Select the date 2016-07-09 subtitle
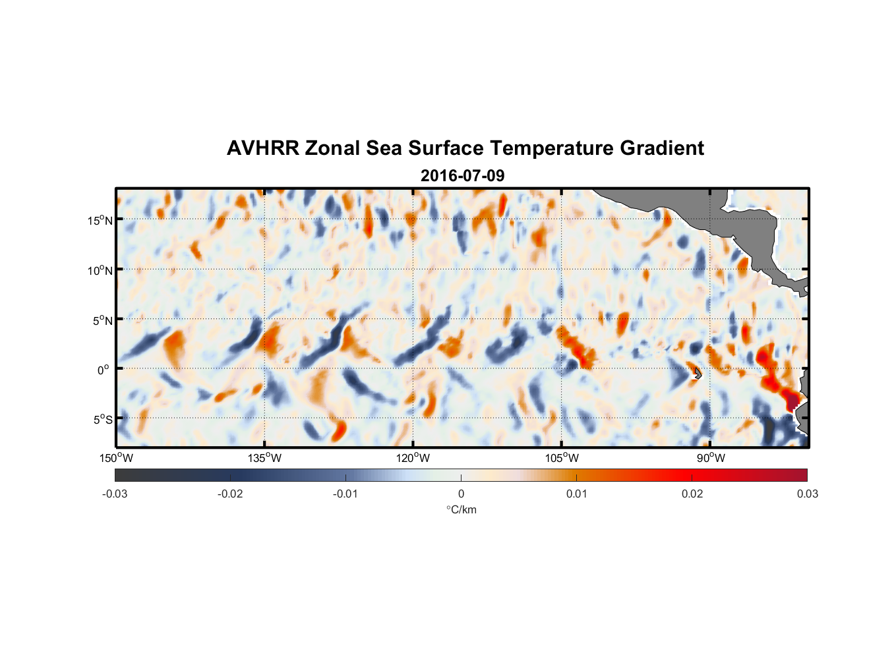click(x=462, y=176)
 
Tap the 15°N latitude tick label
click(x=100, y=220)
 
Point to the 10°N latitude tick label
click(x=100, y=270)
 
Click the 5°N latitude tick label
click(x=102, y=320)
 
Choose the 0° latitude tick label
click(x=104, y=370)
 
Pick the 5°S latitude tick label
click(x=102, y=419)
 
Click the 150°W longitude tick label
click(x=116, y=458)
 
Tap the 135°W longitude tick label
click(x=265, y=458)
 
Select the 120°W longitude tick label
click(x=413, y=458)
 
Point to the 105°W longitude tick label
click(x=562, y=458)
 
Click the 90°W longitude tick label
click(x=711, y=458)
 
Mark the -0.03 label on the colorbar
click(x=115, y=494)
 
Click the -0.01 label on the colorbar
click(x=345, y=494)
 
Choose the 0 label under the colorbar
click(x=461, y=494)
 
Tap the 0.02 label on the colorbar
click(x=692, y=494)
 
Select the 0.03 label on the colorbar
click(x=807, y=494)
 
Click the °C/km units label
click(x=461, y=509)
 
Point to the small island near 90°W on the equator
click(x=697, y=374)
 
